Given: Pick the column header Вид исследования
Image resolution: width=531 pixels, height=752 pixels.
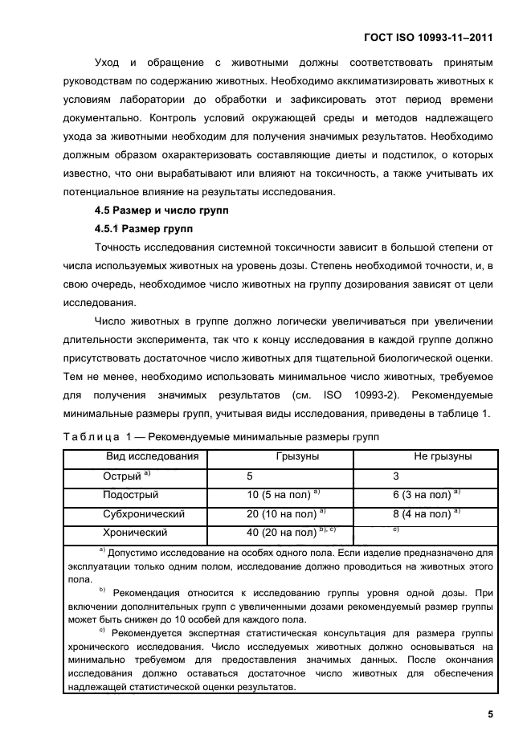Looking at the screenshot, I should [x=153, y=457].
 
